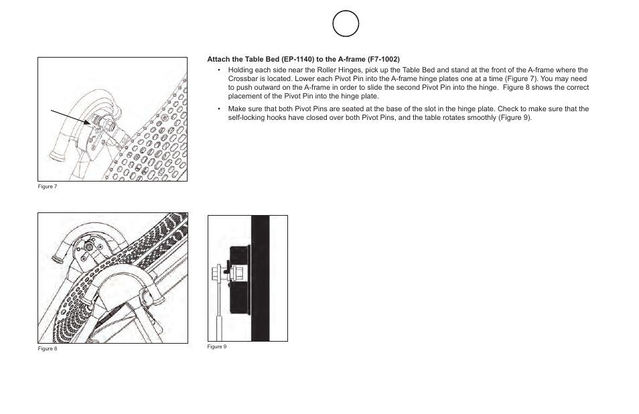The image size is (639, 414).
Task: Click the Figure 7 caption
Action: [x=48, y=187]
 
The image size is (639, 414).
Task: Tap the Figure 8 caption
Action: [x=48, y=349]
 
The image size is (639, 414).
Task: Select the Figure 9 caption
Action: [x=217, y=347]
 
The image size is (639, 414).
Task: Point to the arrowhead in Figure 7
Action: [x=87, y=122]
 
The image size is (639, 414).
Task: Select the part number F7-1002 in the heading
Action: [x=384, y=60]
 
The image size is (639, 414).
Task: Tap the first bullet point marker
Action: [x=219, y=70]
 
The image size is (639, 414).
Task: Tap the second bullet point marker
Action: [x=219, y=109]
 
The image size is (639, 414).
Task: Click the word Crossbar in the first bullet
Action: [x=241, y=78]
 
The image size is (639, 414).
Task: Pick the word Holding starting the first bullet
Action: [x=240, y=70]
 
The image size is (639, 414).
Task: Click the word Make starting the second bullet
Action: [x=236, y=109]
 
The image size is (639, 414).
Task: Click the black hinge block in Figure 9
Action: [x=240, y=279]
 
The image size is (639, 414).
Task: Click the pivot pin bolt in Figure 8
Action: [x=89, y=247]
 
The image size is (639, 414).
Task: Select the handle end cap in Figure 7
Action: [x=56, y=156]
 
